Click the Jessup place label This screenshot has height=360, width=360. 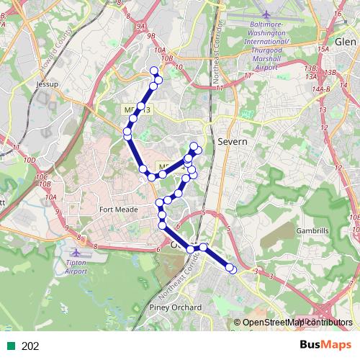coord(46,84)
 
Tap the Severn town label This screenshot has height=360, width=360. coord(232,142)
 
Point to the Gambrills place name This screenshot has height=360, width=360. coord(312,231)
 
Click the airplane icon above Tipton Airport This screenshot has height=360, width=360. coord(78,253)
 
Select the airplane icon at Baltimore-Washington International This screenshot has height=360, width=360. coord(266,14)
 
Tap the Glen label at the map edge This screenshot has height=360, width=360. coord(346,22)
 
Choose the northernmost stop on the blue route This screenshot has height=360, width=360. coord(153,70)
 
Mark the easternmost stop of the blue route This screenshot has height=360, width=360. coord(232,269)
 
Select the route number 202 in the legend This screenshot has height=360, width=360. coord(30,346)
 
